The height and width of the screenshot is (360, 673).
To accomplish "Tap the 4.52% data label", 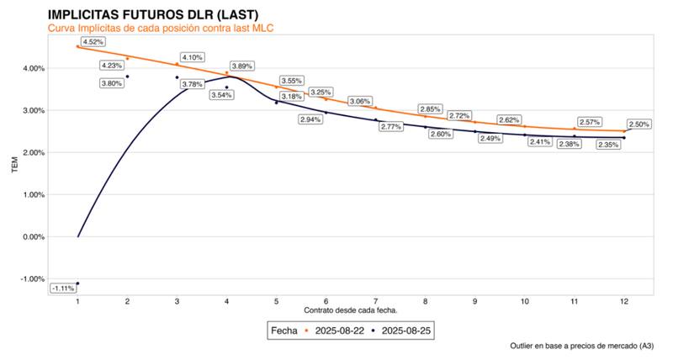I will (93, 41).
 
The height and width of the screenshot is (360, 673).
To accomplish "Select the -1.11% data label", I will (61, 289).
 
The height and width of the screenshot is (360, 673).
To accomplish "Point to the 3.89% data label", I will (241, 66).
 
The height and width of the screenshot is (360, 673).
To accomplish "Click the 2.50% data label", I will (639, 124).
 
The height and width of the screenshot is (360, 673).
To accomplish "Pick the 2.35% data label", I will (608, 145).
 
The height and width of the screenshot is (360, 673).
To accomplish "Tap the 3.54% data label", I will (221, 95).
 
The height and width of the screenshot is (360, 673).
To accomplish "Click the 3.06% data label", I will (360, 101).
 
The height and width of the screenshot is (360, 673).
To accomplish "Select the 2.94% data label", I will (310, 119).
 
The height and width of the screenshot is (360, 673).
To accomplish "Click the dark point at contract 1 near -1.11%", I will (77, 283).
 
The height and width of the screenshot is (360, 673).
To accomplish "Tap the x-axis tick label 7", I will (376, 300).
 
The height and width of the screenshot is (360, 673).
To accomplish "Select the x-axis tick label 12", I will (623, 300).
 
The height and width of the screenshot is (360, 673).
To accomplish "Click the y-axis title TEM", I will (14, 166).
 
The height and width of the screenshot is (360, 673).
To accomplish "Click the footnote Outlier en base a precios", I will (581, 346).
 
